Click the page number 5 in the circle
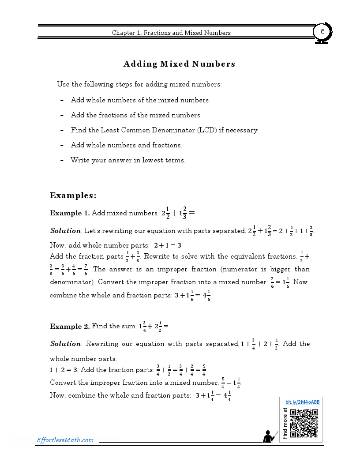tap(322, 32)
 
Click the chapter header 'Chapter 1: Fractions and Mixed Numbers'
tap(171, 33)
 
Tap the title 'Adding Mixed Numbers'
tap(179, 64)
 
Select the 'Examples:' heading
tap(73, 195)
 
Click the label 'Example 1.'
tap(70, 213)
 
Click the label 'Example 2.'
tap(70, 327)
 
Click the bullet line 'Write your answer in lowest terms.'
tap(128, 160)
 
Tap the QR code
tap(304, 423)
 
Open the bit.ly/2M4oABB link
tap(302, 402)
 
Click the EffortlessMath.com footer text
tap(65, 440)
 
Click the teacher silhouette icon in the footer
tap(268, 436)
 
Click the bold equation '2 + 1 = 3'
tap(167, 245)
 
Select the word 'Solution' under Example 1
tap(65, 231)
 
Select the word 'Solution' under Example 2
tap(65, 344)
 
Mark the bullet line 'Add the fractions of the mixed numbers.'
tap(136, 115)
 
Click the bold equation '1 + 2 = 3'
tap(63, 369)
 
